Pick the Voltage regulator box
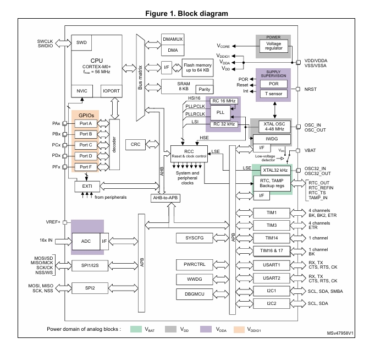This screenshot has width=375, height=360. pos(273,47)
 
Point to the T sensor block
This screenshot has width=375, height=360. pos(273,93)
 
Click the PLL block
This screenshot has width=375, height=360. pos(220,112)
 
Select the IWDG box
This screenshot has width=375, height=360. pos(271,139)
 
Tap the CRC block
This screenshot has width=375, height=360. pos(135,144)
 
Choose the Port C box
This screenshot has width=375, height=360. pos(86,145)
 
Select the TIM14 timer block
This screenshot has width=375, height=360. pos(271,238)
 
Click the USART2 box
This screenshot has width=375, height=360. pos(271,278)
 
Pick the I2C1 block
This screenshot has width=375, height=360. pos(271,290)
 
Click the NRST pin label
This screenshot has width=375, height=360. pos(311,89)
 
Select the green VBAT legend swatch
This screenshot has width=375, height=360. pos(137,329)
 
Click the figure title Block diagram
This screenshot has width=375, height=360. pos(187,13)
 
